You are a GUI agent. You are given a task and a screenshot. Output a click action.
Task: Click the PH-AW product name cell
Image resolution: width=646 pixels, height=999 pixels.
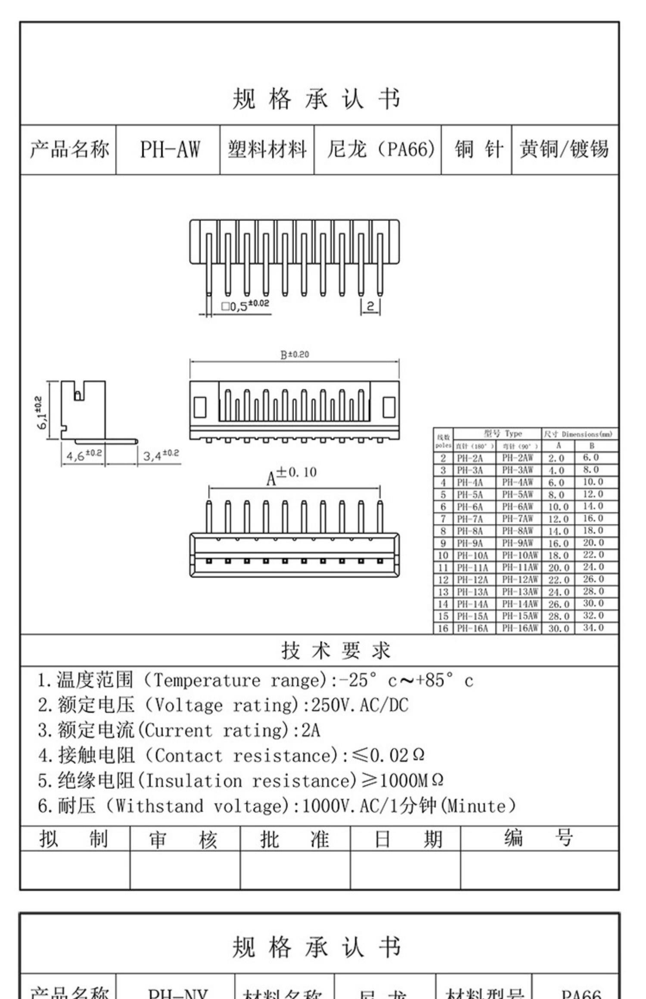(170, 150)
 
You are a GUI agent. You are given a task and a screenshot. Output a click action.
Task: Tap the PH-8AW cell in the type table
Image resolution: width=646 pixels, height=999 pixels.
(518, 530)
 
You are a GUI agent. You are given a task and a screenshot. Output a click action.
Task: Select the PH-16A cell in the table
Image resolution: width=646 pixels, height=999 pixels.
(472, 628)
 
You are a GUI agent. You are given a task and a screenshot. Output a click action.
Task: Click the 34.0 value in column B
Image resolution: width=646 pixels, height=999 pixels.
(593, 628)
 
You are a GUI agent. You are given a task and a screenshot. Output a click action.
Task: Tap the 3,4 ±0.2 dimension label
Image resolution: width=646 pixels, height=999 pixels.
(161, 455)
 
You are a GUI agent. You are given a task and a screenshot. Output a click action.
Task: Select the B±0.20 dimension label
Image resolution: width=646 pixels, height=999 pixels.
(295, 355)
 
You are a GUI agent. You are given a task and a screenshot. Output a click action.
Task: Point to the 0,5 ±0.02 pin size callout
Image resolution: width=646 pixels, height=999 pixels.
(245, 305)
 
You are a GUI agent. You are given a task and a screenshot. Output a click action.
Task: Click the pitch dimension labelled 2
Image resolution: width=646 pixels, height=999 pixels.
(370, 306)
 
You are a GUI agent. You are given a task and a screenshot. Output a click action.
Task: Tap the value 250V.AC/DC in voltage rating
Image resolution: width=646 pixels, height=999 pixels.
(359, 706)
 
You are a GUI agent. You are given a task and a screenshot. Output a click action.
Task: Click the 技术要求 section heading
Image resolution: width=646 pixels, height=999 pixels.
(335, 650)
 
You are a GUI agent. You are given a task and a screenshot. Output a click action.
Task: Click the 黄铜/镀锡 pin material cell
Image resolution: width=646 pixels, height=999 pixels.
(564, 150)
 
